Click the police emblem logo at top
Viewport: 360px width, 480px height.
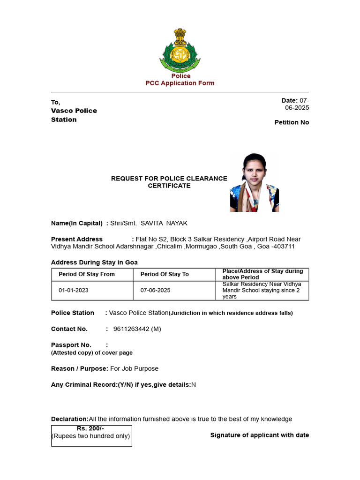click(x=180, y=49)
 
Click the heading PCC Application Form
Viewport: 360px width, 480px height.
click(x=180, y=83)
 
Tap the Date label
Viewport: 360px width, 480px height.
click(x=289, y=100)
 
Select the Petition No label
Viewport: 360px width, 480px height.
click(x=292, y=122)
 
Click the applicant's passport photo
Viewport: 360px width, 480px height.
click(x=255, y=182)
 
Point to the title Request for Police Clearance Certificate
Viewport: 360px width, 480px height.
click(x=169, y=182)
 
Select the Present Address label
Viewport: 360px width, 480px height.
click(x=77, y=239)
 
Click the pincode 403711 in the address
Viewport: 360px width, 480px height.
click(x=284, y=247)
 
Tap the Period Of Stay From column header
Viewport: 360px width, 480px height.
click(x=87, y=274)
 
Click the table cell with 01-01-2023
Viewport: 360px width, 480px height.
click(x=73, y=290)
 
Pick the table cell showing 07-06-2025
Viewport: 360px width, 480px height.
click(x=155, y=290)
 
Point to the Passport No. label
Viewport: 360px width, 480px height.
click(x=71, y=345)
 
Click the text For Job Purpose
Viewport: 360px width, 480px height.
click(x=134, y=368)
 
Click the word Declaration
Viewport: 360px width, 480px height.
click(x=69, y=419)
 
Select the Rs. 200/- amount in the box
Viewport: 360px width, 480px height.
click(x=90, y=428)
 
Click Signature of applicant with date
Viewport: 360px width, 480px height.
click(x=259, y=435)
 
